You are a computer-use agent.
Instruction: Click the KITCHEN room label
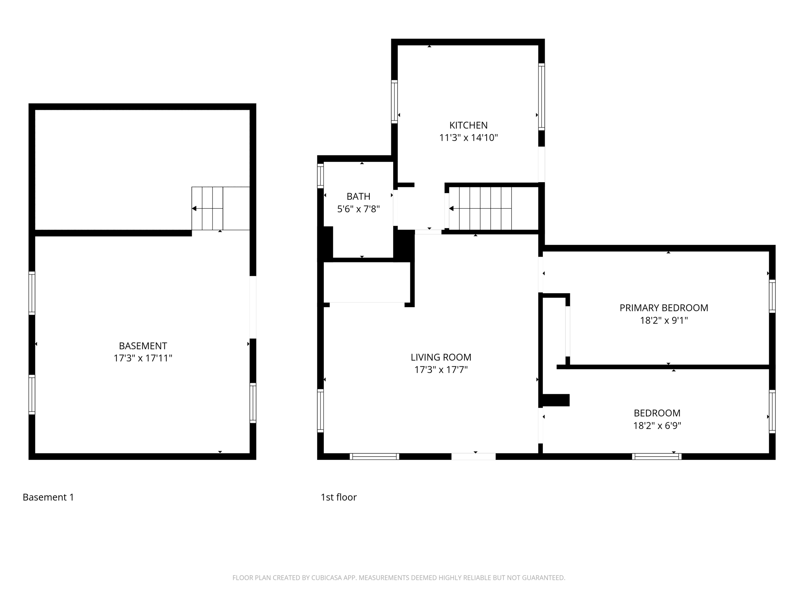[x=468, y=125]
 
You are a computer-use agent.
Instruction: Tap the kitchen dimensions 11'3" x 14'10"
[x=468, y=138]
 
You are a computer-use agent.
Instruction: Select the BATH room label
[x=358, y=196]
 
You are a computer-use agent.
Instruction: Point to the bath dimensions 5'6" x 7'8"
[x=358, y=209]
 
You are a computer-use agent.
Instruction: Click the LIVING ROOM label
[x=441, y=357]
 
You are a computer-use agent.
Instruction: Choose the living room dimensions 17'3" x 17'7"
[x=441, y=369]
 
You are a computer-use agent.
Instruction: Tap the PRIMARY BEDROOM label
[x=664, y=308]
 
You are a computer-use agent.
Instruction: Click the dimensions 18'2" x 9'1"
[x=664, y=320]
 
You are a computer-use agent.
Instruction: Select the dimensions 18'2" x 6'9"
[x=657, y=426]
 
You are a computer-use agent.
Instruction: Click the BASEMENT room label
[x=143, y=346]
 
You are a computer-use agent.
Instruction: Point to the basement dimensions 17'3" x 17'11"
[x=143, y=358]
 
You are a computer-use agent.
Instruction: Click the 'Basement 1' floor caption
[x=48, y=497]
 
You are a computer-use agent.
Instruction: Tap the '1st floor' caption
[x=338, y=497]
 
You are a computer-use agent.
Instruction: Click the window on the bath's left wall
[x=320, y=176]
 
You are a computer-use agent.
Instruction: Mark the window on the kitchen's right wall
[x=541, y=97]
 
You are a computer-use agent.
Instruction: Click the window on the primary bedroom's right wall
[x=772, y=296]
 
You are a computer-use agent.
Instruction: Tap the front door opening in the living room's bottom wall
[x=473, y=456]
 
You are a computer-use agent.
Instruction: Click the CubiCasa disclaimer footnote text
[x=399, y=578]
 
